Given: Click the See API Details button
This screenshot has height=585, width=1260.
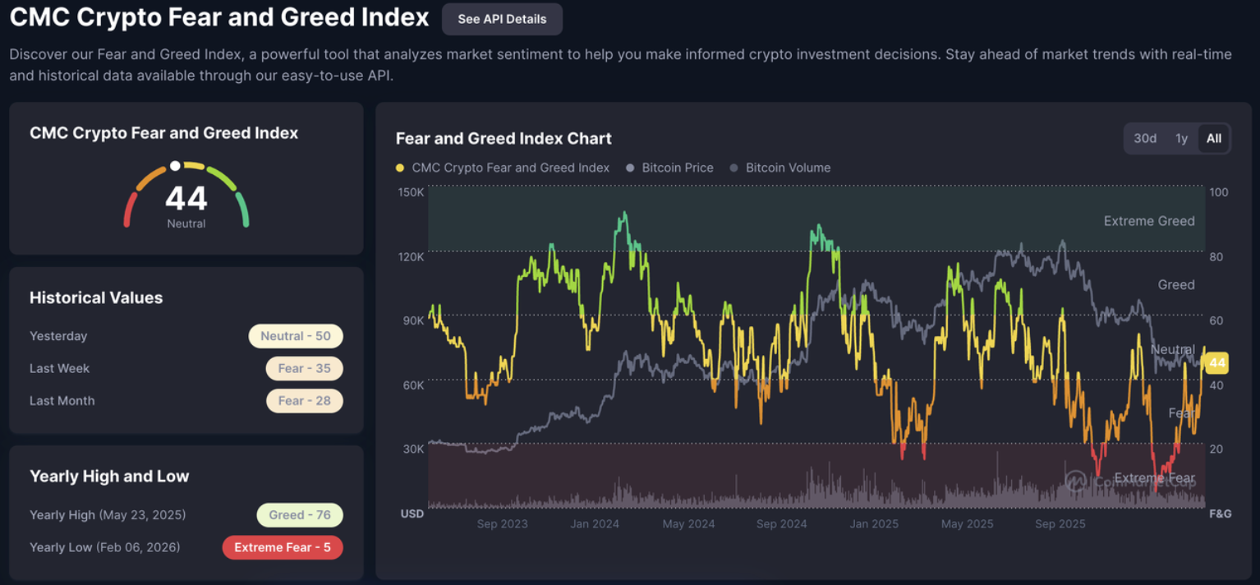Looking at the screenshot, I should pyautogui.click(x=502, y=19).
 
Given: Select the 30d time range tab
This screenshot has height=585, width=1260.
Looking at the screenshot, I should pyautogui.click(x=1145, y=138).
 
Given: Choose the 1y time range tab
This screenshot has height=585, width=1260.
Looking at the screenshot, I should pyautogui.click(x=1181, y=138).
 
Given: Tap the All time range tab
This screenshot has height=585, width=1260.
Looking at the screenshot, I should pyautogui.click(x=1213, y=138).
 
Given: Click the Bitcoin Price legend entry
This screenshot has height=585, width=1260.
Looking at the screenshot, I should pyautogui.click(x=677, y=168).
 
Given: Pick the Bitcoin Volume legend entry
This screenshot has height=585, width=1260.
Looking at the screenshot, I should pyautogui.click(x=788, y=168).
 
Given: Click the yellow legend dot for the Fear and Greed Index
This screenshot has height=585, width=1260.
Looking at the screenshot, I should pyautogui.click(x=400, y=168).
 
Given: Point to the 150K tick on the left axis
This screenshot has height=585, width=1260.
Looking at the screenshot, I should pyautogui.click(x=411, y=192).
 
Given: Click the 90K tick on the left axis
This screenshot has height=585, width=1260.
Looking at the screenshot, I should pyautogui.click(x=412, y=320).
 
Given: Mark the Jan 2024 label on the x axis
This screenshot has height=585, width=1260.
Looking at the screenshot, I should pyautogui.click(x=595, y=523).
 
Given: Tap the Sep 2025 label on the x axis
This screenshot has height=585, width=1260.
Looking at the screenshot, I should pyautogui.click(x=1060, y=523).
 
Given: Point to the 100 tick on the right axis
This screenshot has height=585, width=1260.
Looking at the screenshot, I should pyautogui.click(x=1219, y=192).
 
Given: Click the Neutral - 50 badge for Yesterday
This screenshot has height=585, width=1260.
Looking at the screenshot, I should pyautogui.click(x=296, y=336).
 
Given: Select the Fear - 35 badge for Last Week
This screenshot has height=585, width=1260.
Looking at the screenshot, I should pyautogui.click(x=304, y=368).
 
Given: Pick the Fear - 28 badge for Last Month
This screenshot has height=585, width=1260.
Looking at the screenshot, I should pyautogui.click(x=304, y=401).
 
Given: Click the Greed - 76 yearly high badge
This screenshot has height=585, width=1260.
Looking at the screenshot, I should pyautogui.click(x=300, y=515).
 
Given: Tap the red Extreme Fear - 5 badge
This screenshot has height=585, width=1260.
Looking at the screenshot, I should pyautogui.click(x=283, y=547).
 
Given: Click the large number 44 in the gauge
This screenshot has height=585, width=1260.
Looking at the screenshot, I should pyautogui.click(x=186, y=199).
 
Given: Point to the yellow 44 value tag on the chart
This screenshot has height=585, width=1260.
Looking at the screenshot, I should pyautogui.click(x=1216, y=362).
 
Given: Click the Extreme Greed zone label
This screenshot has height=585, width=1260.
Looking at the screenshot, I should pyautogui.click(x=1148, y=221).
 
